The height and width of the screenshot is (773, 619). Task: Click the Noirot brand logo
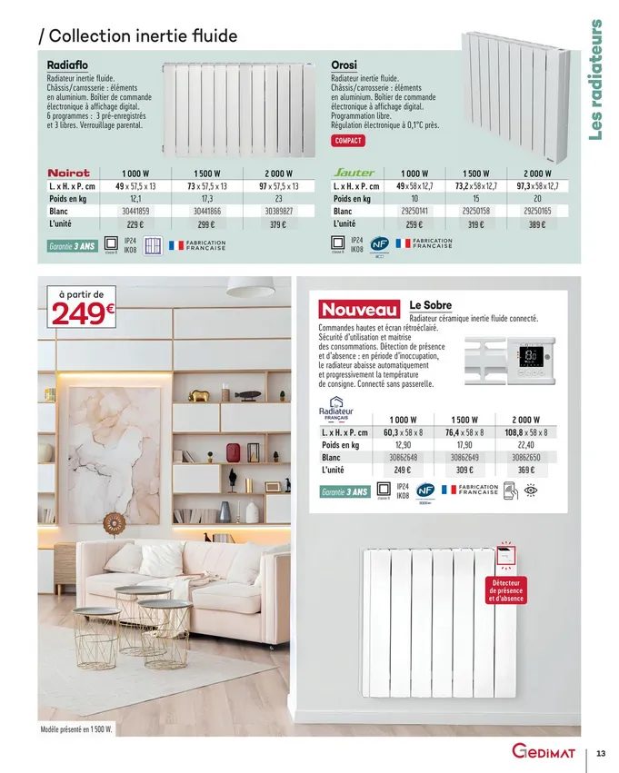pyautogui.click(x=69, y=172)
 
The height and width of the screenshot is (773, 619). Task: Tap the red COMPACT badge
pyautogui.click(x=348, y=141)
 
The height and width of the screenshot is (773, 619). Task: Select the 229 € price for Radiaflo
pyautogui.click(x=135, y=224)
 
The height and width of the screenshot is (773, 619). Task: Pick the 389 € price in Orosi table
pyautogui.click(x=536, y=224)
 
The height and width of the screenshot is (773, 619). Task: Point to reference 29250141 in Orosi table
pyautogui.click(x=414, y=211)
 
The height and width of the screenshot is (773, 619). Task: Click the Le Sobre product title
pyautogui.click(x=431, y=305)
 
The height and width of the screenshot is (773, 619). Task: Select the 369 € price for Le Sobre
pyautogui.click(x=526, y=471)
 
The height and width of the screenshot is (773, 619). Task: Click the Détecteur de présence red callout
pyautogui.click(x=505, y=590)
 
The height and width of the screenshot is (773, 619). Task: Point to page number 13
pyautogui.click(x=601, y=753)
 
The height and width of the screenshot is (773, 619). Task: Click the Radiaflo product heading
pyautogui.click(x=67, y=65)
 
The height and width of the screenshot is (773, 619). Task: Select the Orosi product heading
pyautogui.click(x=344, y=65)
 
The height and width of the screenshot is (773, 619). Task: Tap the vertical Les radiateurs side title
pyautogui.click(x=596, y=81)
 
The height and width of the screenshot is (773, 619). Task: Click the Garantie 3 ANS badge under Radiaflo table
pyautogui.click(x=71, y=246)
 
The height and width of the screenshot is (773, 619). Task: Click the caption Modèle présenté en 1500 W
pyautogui.click(x=75, y=729)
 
